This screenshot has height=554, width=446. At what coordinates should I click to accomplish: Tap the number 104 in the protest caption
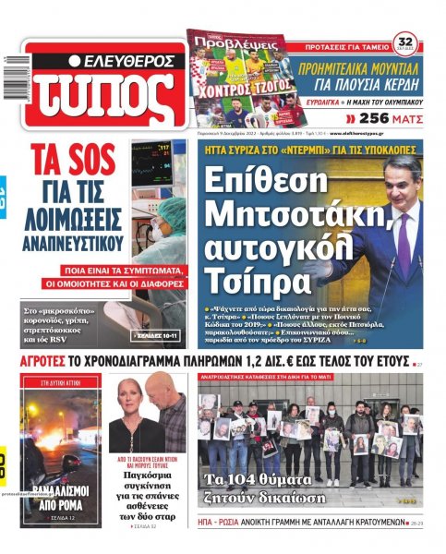tap(260, 479)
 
